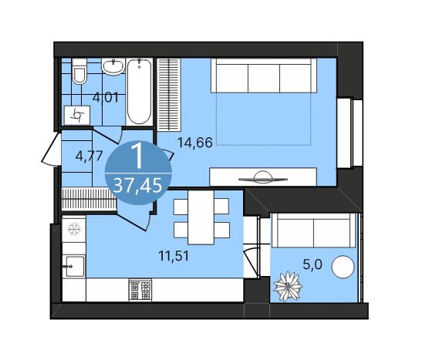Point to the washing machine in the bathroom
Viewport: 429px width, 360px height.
point(78,115)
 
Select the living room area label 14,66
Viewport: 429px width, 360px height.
point(194,142)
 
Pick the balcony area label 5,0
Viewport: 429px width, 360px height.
point(312,264)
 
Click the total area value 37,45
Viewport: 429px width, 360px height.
point(137,185)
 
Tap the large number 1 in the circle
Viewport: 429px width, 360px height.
point(137,156)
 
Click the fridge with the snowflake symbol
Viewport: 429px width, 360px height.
point(75,229)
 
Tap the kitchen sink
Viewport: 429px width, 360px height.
point(73,267)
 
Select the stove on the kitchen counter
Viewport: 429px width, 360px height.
point(140,290)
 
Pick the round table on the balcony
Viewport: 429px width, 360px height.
point(342,270)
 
